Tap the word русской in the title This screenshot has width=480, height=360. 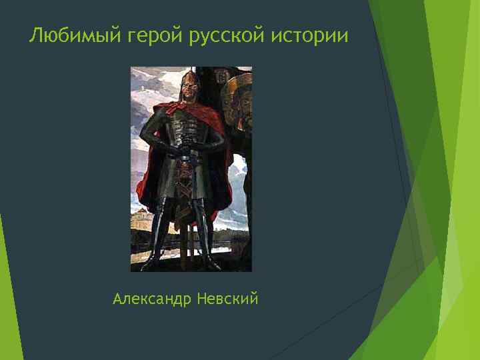(229, 36)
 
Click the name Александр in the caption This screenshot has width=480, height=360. (153, 299)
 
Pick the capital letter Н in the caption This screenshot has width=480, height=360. (202, 299)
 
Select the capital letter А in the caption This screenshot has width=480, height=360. (118, 299)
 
